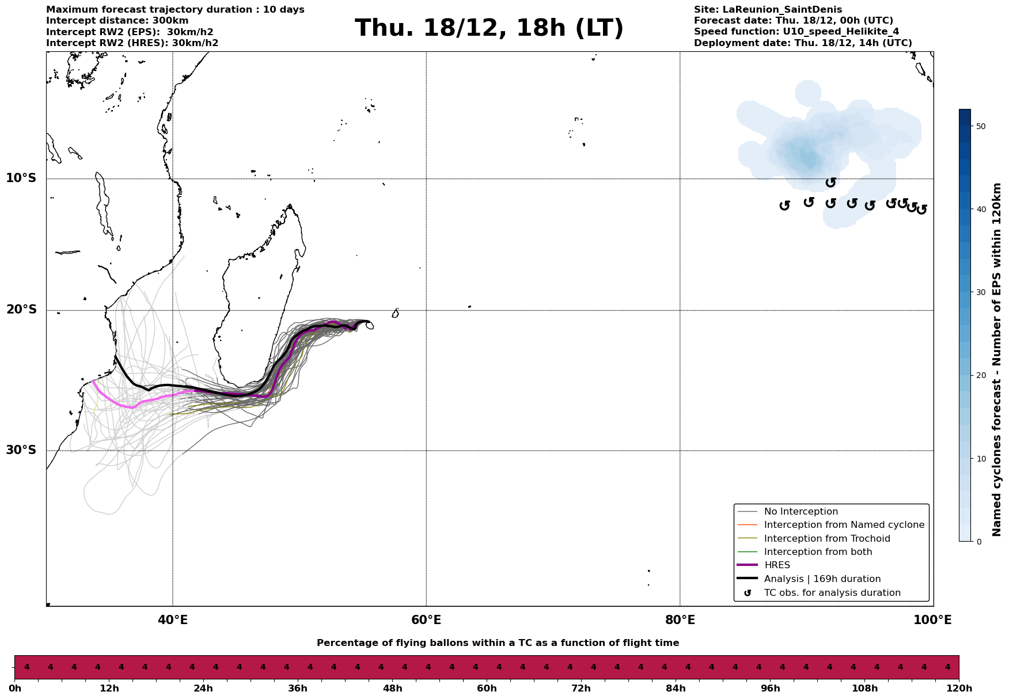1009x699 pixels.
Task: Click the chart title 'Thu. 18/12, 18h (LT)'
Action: click(489, 28)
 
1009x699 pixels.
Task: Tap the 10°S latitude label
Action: click(21, 178)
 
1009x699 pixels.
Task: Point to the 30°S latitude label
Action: click(21, 450)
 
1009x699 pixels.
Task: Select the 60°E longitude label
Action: click(426, 620)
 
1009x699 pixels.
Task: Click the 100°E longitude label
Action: click(932, 620)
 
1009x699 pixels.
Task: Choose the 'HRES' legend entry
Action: click(777, 565)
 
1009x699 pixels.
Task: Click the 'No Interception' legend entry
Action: click(801, 512)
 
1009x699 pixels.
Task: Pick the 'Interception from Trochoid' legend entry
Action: click(826, 539)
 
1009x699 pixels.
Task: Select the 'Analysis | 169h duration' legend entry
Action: click(822, 579)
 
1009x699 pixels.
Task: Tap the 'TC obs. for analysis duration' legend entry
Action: click(832, 593)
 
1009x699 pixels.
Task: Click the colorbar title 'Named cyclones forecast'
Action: click(997, 360)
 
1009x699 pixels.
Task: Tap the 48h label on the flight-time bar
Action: click(392, 689)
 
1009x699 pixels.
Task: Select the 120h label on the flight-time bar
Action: click(958, 689)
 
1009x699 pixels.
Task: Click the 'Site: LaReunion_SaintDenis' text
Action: click(768, 10)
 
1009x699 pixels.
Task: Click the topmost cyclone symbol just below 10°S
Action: click(830, 183)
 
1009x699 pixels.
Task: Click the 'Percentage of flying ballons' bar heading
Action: click(498, 643)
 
